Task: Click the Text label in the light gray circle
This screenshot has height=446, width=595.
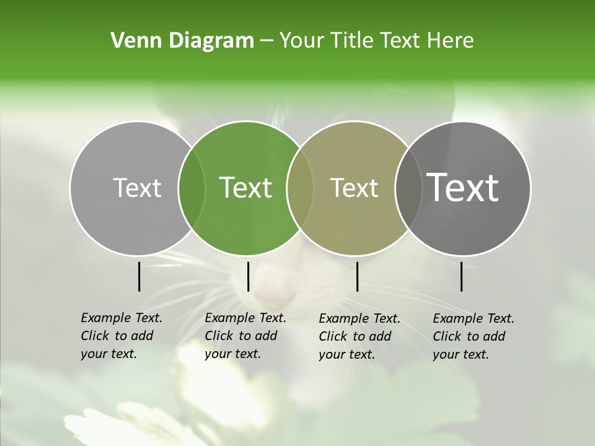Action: (137, 188)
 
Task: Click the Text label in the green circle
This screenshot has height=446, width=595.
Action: (246, 188)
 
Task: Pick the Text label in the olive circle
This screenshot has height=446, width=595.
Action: (355, 188)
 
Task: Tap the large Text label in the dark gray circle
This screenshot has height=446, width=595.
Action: (463, 188)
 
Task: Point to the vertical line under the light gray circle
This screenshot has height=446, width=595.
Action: (139, 276)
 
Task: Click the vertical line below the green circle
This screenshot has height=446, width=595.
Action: (248, 276)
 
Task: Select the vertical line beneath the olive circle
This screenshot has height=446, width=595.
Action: (357, 276)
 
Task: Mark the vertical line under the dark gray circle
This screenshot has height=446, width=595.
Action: (461, 276)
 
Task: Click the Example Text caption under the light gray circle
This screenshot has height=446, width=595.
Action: (121, 336)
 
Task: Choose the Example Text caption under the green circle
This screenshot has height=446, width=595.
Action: (245, 336)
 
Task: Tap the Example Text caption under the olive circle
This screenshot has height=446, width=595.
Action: (359, 336)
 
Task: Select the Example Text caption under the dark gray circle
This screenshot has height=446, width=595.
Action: (473, 336)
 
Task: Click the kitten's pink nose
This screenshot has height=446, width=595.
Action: (271, 298)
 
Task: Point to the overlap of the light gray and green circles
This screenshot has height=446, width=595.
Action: (192, 188)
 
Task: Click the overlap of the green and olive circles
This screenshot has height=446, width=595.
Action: (300, 188)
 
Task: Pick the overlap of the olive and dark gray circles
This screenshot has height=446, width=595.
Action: (408, 188)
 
